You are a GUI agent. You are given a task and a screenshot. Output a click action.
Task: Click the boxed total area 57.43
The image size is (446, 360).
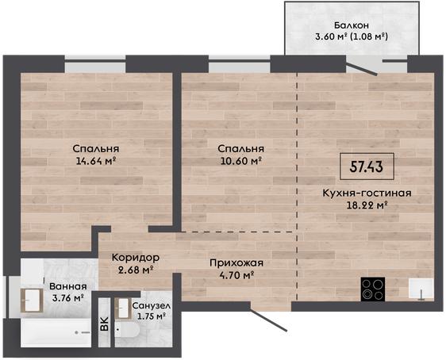(367, 167)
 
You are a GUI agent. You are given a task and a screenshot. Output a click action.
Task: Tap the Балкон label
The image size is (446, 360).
(352, 25)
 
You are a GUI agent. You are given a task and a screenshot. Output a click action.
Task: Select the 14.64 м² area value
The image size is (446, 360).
(96, 161)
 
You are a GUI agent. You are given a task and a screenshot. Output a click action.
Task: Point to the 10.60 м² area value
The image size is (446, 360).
(241, 161)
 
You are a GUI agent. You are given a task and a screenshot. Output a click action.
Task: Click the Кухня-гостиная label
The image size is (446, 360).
(367, 193)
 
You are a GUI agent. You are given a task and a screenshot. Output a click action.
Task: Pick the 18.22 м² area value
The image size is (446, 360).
(367, 205)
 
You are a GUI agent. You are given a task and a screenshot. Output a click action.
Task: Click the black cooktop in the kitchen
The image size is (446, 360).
(373, 289)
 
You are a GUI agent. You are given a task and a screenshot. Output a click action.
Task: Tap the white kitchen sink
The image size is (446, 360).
(421, 288)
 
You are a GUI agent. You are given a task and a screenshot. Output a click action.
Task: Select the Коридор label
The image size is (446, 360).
(136, 258)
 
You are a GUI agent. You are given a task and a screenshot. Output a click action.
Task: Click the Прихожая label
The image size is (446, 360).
(236, 263)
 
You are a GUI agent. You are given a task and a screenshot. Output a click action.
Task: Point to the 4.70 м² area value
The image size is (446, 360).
(236, 275)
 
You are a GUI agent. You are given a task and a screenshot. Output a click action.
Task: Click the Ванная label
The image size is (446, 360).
(68, 286)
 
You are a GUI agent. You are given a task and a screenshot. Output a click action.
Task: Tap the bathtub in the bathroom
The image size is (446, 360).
(56, 332)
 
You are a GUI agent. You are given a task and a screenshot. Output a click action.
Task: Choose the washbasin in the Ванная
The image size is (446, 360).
(32, 301)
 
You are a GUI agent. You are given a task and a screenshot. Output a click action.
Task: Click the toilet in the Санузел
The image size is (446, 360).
(127, 330)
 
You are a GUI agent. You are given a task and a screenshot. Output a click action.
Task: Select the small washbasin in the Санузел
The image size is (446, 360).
(123, 308)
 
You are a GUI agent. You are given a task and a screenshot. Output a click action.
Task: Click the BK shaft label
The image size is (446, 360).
(105, 324)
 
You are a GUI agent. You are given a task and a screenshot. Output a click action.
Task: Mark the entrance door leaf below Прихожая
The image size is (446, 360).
(268, 320)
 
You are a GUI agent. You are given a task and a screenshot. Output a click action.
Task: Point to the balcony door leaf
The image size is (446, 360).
(362, 68)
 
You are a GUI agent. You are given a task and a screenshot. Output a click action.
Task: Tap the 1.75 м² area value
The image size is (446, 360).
(152, 316)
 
